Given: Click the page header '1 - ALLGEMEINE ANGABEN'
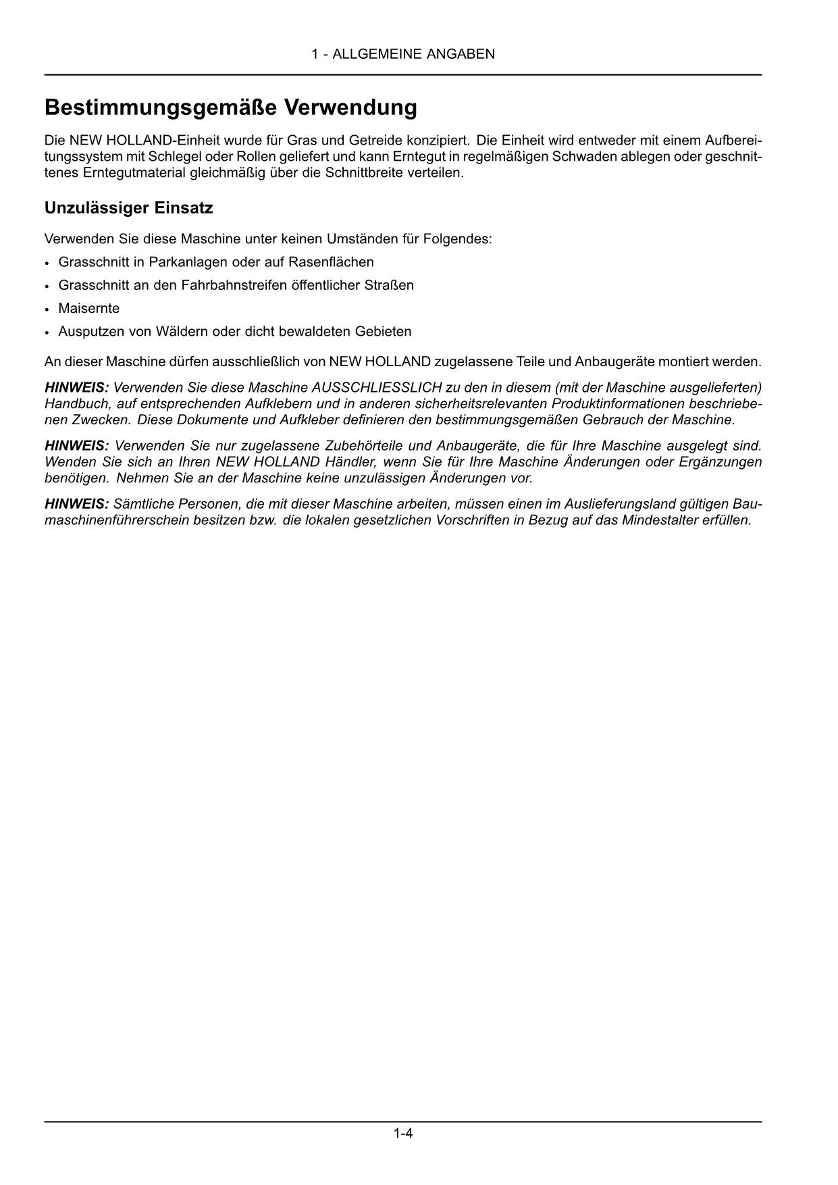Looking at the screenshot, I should [402, 54].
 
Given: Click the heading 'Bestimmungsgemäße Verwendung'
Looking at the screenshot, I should [230, 107].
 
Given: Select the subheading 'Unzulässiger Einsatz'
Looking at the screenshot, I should [128, 208].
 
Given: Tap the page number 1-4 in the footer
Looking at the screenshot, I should [403, 1133].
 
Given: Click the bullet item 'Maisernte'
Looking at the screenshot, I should [88, 309].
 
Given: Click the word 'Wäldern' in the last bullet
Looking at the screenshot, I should [182, 332].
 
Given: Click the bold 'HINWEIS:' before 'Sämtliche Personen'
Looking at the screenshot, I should [76, 504].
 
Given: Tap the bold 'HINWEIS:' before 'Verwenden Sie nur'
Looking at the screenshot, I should [76, 446].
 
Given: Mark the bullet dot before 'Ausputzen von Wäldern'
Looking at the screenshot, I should [47, 332].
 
